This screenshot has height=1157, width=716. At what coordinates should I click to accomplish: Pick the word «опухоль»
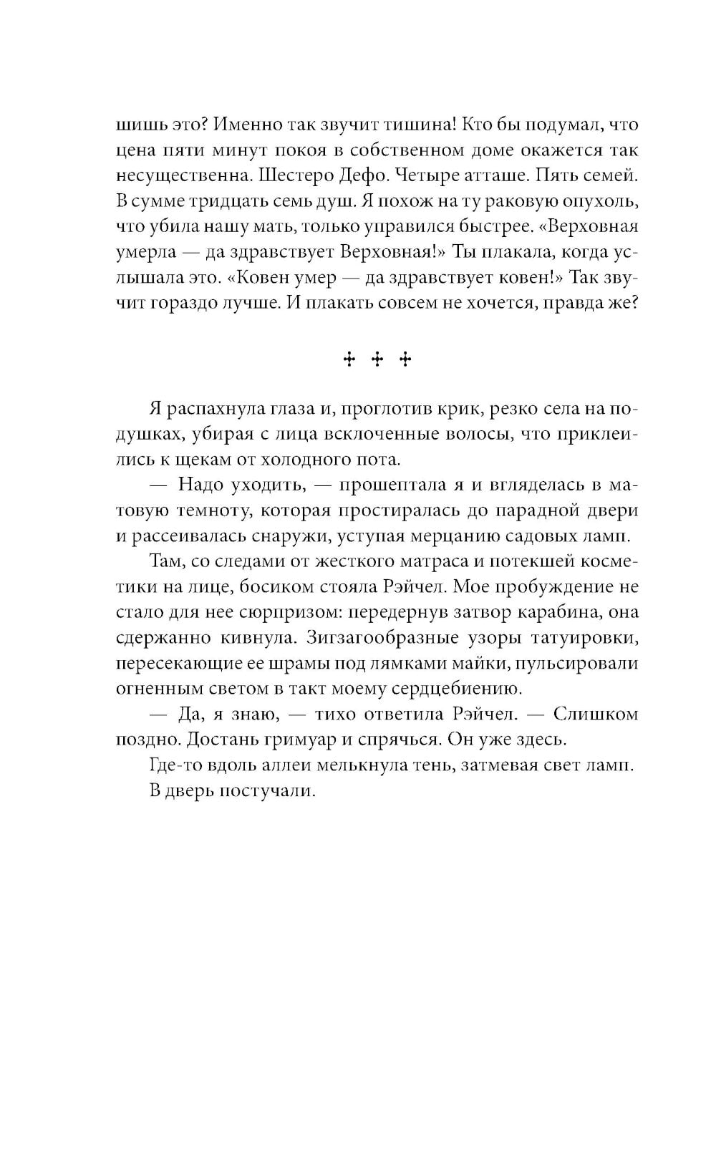point(600,201)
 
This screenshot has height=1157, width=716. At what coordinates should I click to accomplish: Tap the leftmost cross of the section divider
point(349,359)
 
